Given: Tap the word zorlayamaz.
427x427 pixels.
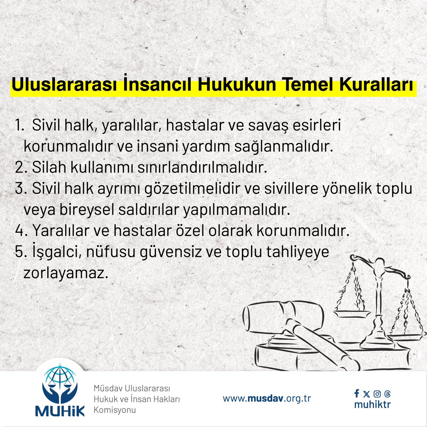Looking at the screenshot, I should point(65,274).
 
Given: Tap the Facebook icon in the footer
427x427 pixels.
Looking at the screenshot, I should point(357,394).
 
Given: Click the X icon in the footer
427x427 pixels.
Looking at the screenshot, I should point(367,394).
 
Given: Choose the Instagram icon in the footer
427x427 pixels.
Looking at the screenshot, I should point(377,394).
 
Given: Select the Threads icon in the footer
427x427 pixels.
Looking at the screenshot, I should point(388,394).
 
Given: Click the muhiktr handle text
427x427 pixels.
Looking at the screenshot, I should point(372,405).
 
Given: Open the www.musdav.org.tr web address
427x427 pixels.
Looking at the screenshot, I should point(267,398).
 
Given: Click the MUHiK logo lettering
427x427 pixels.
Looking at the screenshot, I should point(60,410).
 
